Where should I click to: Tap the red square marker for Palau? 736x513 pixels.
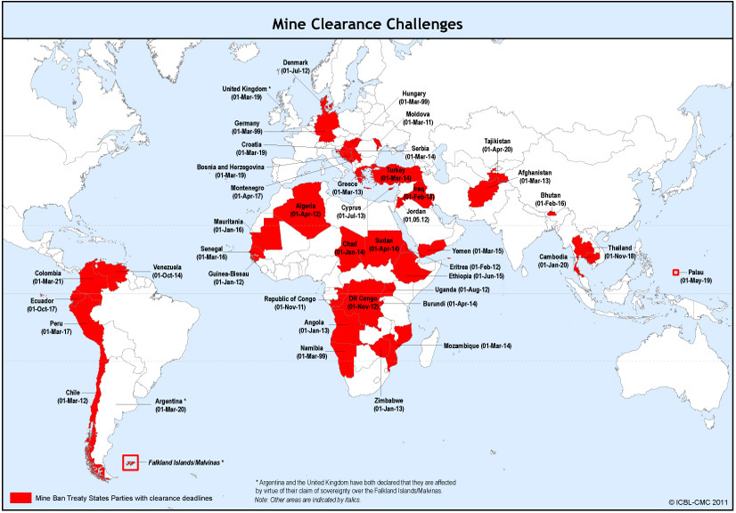675,272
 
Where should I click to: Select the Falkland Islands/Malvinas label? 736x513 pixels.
185,463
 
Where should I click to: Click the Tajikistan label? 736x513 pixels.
498,145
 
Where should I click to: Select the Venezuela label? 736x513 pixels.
168,271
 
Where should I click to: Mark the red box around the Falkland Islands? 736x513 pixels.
131,462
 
